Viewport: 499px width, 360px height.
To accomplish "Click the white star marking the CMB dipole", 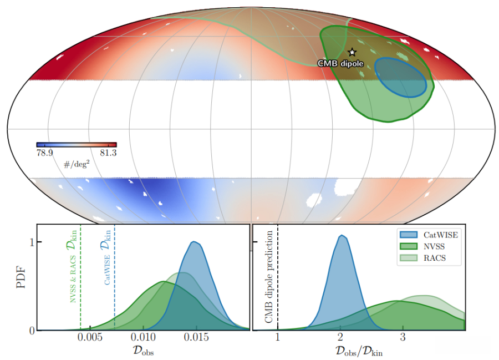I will (351, 52).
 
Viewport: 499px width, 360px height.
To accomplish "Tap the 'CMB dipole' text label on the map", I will (340, 64).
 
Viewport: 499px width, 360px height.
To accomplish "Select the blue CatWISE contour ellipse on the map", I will (400, 77).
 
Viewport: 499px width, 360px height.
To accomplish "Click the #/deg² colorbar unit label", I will (76, 163).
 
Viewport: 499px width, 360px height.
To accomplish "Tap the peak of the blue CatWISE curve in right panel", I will (342, 236).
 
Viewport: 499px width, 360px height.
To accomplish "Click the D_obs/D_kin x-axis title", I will (359, 351).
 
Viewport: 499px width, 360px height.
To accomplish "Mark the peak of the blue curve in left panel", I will (194, 242).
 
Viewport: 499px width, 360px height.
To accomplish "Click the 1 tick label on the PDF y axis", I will (32, 242).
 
